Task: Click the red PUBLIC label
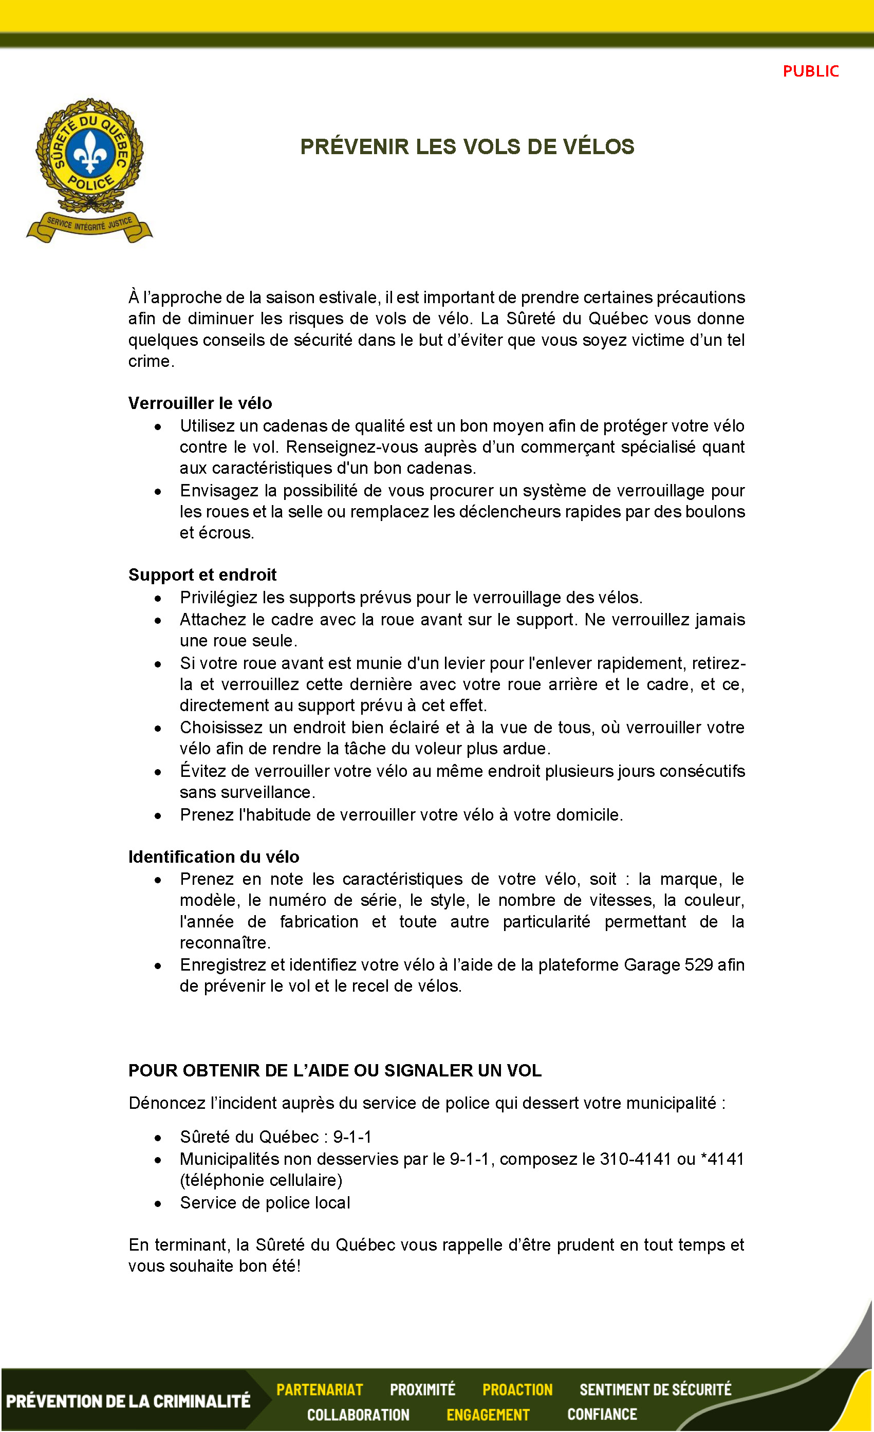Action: [810, 71]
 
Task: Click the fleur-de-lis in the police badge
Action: [89, 153]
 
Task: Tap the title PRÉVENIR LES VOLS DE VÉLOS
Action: [467, 146]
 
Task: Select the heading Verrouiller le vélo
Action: [200, 403]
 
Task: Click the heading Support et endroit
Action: [202, 574]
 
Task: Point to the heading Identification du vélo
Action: [214, 856]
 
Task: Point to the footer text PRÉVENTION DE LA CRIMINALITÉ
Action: [128, 1401]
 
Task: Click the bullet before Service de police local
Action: [157, 1203]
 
